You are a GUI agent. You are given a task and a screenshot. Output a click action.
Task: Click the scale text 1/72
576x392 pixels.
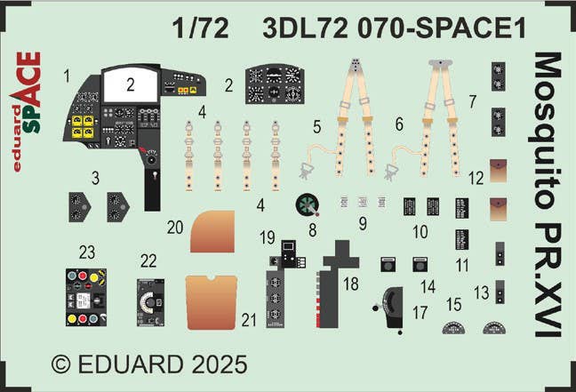click(201, 28)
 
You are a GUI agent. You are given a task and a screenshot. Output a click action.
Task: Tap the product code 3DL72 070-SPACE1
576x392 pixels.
click(394, 28)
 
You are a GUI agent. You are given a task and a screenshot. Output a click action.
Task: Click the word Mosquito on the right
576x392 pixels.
click(548, 131)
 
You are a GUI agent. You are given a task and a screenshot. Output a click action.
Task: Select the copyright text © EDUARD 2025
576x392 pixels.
click(149, 364)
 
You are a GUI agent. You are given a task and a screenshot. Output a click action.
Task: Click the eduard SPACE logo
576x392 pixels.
click(26, 112)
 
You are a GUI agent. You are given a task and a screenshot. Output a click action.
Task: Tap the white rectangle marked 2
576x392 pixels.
click(131, 85)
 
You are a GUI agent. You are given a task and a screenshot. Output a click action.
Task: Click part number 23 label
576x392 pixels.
click(87, 252)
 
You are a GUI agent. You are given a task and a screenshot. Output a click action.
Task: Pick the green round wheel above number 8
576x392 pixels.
click(307, 205)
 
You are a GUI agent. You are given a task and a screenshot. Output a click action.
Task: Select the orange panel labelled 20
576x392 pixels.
click(212, 231)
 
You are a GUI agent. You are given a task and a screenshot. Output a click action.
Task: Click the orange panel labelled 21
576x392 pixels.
click(212, 302)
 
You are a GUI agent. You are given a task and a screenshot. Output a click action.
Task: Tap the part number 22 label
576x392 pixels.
click(148, 260)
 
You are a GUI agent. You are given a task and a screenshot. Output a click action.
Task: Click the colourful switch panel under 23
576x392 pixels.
click(86, 297)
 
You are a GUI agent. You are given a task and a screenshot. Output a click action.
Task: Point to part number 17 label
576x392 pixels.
click(420, 313)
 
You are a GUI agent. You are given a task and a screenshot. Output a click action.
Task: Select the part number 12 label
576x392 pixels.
click(476, 179)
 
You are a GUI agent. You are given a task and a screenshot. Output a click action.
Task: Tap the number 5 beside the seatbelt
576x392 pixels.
click(317, 127)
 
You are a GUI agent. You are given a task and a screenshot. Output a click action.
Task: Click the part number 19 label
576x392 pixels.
click(267, 237)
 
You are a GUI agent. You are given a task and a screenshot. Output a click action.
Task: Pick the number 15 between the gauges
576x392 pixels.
click(453, 305)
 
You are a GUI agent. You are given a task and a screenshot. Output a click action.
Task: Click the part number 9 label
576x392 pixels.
click(363, 224)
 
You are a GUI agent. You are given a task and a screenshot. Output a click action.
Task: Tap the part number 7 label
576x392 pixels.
click(472, 101)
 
